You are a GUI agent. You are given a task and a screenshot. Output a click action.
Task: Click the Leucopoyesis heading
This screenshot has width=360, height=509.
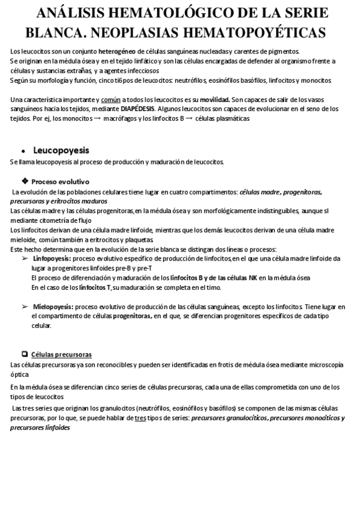pyautogui.click(x=61, y=150)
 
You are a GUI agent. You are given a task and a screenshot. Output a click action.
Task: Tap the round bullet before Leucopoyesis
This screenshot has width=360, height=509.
pyautogui.click(x=22, y=151)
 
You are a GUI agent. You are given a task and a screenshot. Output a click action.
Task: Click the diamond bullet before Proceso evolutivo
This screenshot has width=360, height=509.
pyautogui.click(x=24, y=181)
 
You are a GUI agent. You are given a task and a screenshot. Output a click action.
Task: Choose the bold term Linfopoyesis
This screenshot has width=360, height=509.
pyautogui.click(x=52, y=258)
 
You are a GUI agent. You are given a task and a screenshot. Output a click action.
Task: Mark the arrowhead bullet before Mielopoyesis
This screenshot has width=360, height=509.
pyautogui.click(x=25, y=306)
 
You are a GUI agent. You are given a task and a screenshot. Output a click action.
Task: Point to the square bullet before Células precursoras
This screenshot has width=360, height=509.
pyautogui.click(x=24, y=354)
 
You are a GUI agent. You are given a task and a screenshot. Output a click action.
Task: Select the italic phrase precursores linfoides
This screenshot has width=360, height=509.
pyautogui.click(x=40, y=428)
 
